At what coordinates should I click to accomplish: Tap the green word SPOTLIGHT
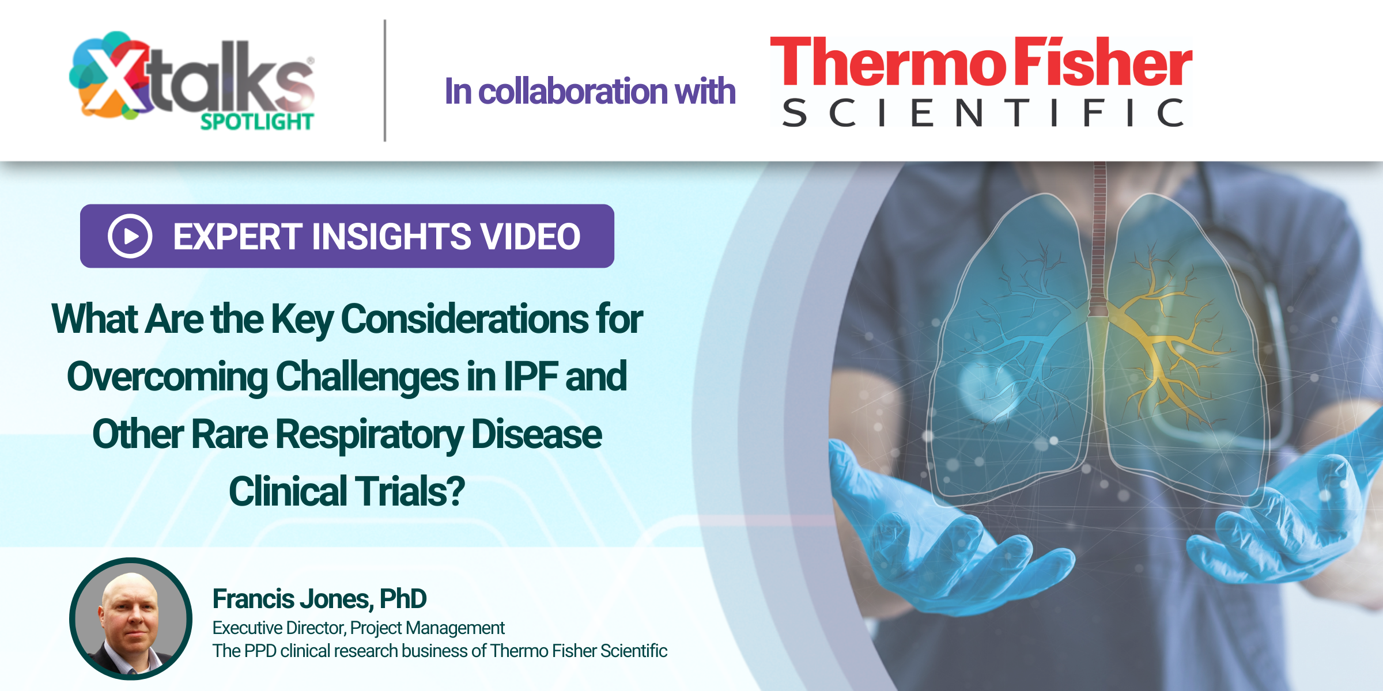(257, 122)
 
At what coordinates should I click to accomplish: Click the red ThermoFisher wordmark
(981, 62)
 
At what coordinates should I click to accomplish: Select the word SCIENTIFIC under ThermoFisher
(983, 112)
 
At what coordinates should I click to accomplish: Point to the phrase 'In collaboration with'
(590, 92)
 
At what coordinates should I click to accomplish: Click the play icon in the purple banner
(130, 236)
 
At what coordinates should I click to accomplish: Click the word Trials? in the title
(409, 491)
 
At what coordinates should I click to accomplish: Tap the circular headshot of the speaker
(131, 619)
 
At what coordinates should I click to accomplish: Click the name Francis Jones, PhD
(319, 599)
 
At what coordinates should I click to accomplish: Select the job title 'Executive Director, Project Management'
(358, 628)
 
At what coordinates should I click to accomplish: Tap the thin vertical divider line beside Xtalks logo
(385, 81)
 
